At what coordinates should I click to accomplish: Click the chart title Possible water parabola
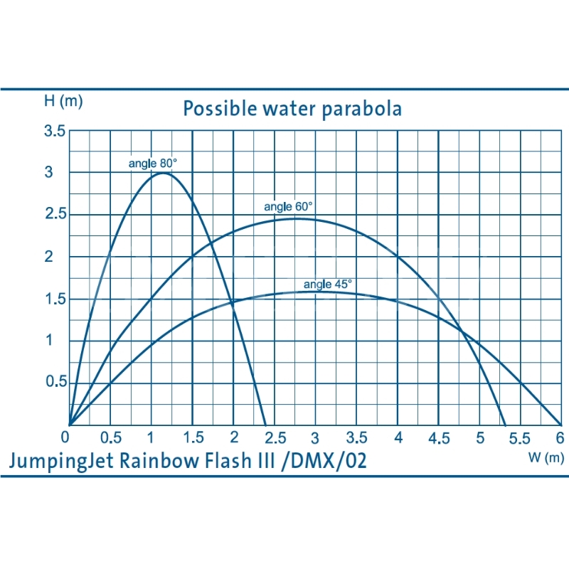click(x=292, y=109)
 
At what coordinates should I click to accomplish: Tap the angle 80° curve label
click(x=152, y=163)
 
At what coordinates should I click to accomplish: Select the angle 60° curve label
click(x=289, y=207)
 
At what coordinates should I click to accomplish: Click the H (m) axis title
click(x=63, y=101)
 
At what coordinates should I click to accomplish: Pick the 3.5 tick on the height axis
click(x=55, y=132)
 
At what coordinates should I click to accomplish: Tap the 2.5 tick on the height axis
click(x=55, y=215)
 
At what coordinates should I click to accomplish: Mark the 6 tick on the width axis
click(x=560, y=437)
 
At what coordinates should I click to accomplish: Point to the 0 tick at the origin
click(x=66, y=436)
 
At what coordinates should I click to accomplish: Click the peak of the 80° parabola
click(x=164, y=173)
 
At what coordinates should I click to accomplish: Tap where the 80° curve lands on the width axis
click(x=266, y=425)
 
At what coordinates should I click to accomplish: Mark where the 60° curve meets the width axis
click(x=506, y=425)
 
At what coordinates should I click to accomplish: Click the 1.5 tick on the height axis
click(x=55, y=299)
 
